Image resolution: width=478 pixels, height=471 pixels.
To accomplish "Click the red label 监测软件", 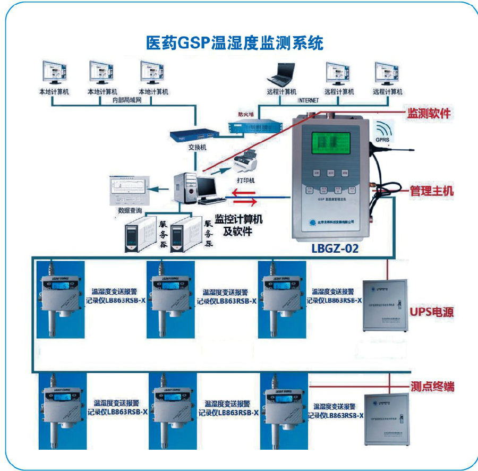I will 429,113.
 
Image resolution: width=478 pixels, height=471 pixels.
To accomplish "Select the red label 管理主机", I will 431,191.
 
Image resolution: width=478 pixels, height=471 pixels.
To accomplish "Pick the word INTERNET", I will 308,100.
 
